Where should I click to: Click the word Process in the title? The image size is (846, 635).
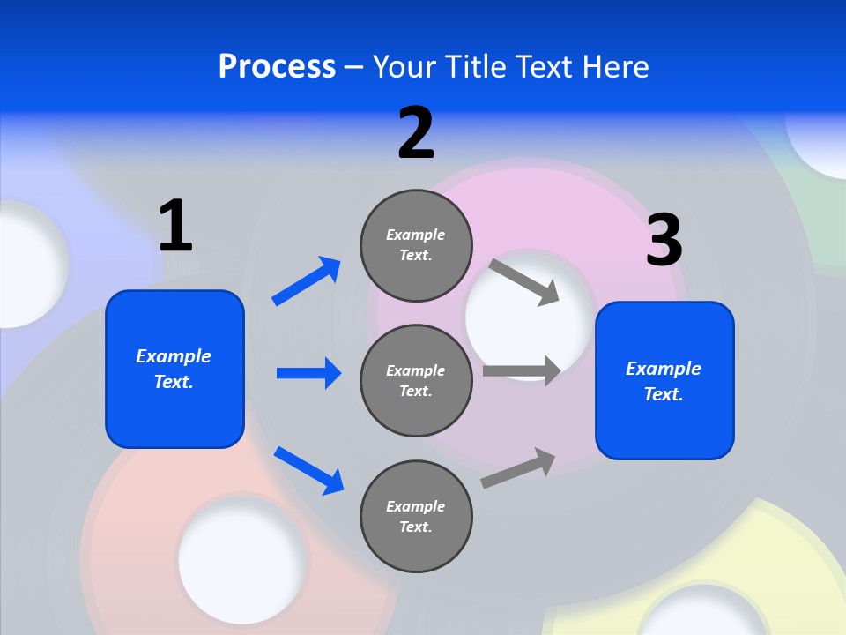[277, 67]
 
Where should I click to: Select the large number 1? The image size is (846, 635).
[175, 227]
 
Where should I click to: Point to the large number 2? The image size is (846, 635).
[416, 133]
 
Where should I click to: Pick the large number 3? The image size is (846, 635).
[664, 241]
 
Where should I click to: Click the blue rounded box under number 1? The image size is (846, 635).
[174, 369]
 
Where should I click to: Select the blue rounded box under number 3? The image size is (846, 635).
[664, 380]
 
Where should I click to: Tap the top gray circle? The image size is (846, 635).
[416, 245]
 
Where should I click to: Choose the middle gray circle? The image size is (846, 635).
[416, 380]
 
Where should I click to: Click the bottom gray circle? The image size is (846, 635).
[416, 516]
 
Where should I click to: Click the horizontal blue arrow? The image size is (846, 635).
[308, 373]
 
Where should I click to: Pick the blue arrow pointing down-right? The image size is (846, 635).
[308, 469]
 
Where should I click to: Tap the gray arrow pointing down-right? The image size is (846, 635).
[524, 281]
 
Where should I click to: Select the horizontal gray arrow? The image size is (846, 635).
[522, 370]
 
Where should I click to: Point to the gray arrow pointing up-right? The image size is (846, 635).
[518, 467]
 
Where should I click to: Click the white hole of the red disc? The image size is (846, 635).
[242, 558]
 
